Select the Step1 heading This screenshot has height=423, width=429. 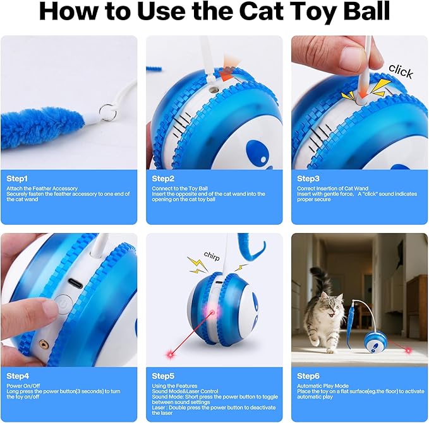[x=17, y=179]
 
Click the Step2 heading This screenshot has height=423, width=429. [x=163, y=179]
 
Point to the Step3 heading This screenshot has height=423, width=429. [x=308, y=179]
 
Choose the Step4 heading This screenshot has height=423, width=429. [x=17, y=376]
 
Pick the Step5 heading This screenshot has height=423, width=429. [x=163, y=376]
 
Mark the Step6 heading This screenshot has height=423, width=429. [x=308, y=376]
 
